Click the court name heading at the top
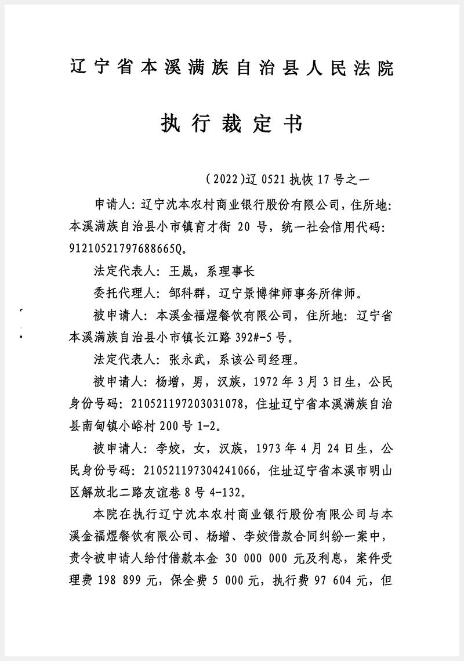point(231,68)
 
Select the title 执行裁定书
point(231,124)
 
